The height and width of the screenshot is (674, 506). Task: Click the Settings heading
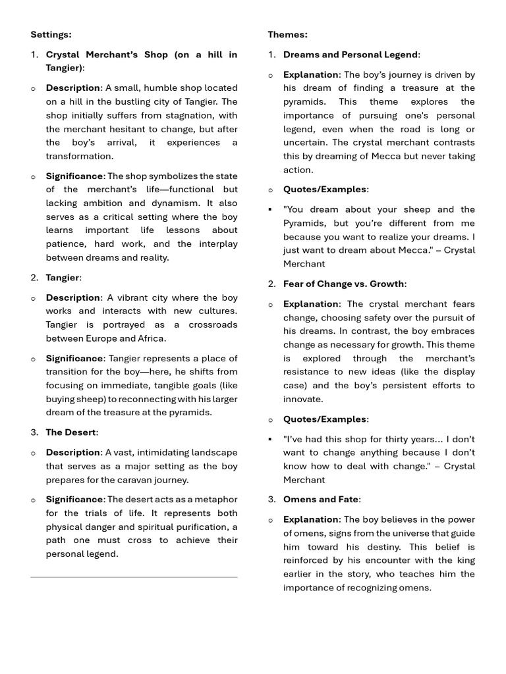pos(51,34)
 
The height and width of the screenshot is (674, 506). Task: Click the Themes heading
pos(287,34)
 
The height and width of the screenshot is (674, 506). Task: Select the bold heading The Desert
pos(70,432)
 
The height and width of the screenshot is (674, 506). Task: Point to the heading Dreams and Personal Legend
pos(351,55)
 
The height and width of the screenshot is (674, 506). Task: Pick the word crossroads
pos(211,324)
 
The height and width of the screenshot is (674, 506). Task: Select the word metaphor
pos(217,500)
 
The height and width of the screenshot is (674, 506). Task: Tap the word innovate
pos(302,399)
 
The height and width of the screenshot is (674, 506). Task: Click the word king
pos(465,560)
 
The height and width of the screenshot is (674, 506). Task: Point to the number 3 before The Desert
pos(34,432)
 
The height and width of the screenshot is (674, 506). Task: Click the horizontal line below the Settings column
pos(134,577)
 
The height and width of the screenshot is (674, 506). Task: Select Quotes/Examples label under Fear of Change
pos(325,419)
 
